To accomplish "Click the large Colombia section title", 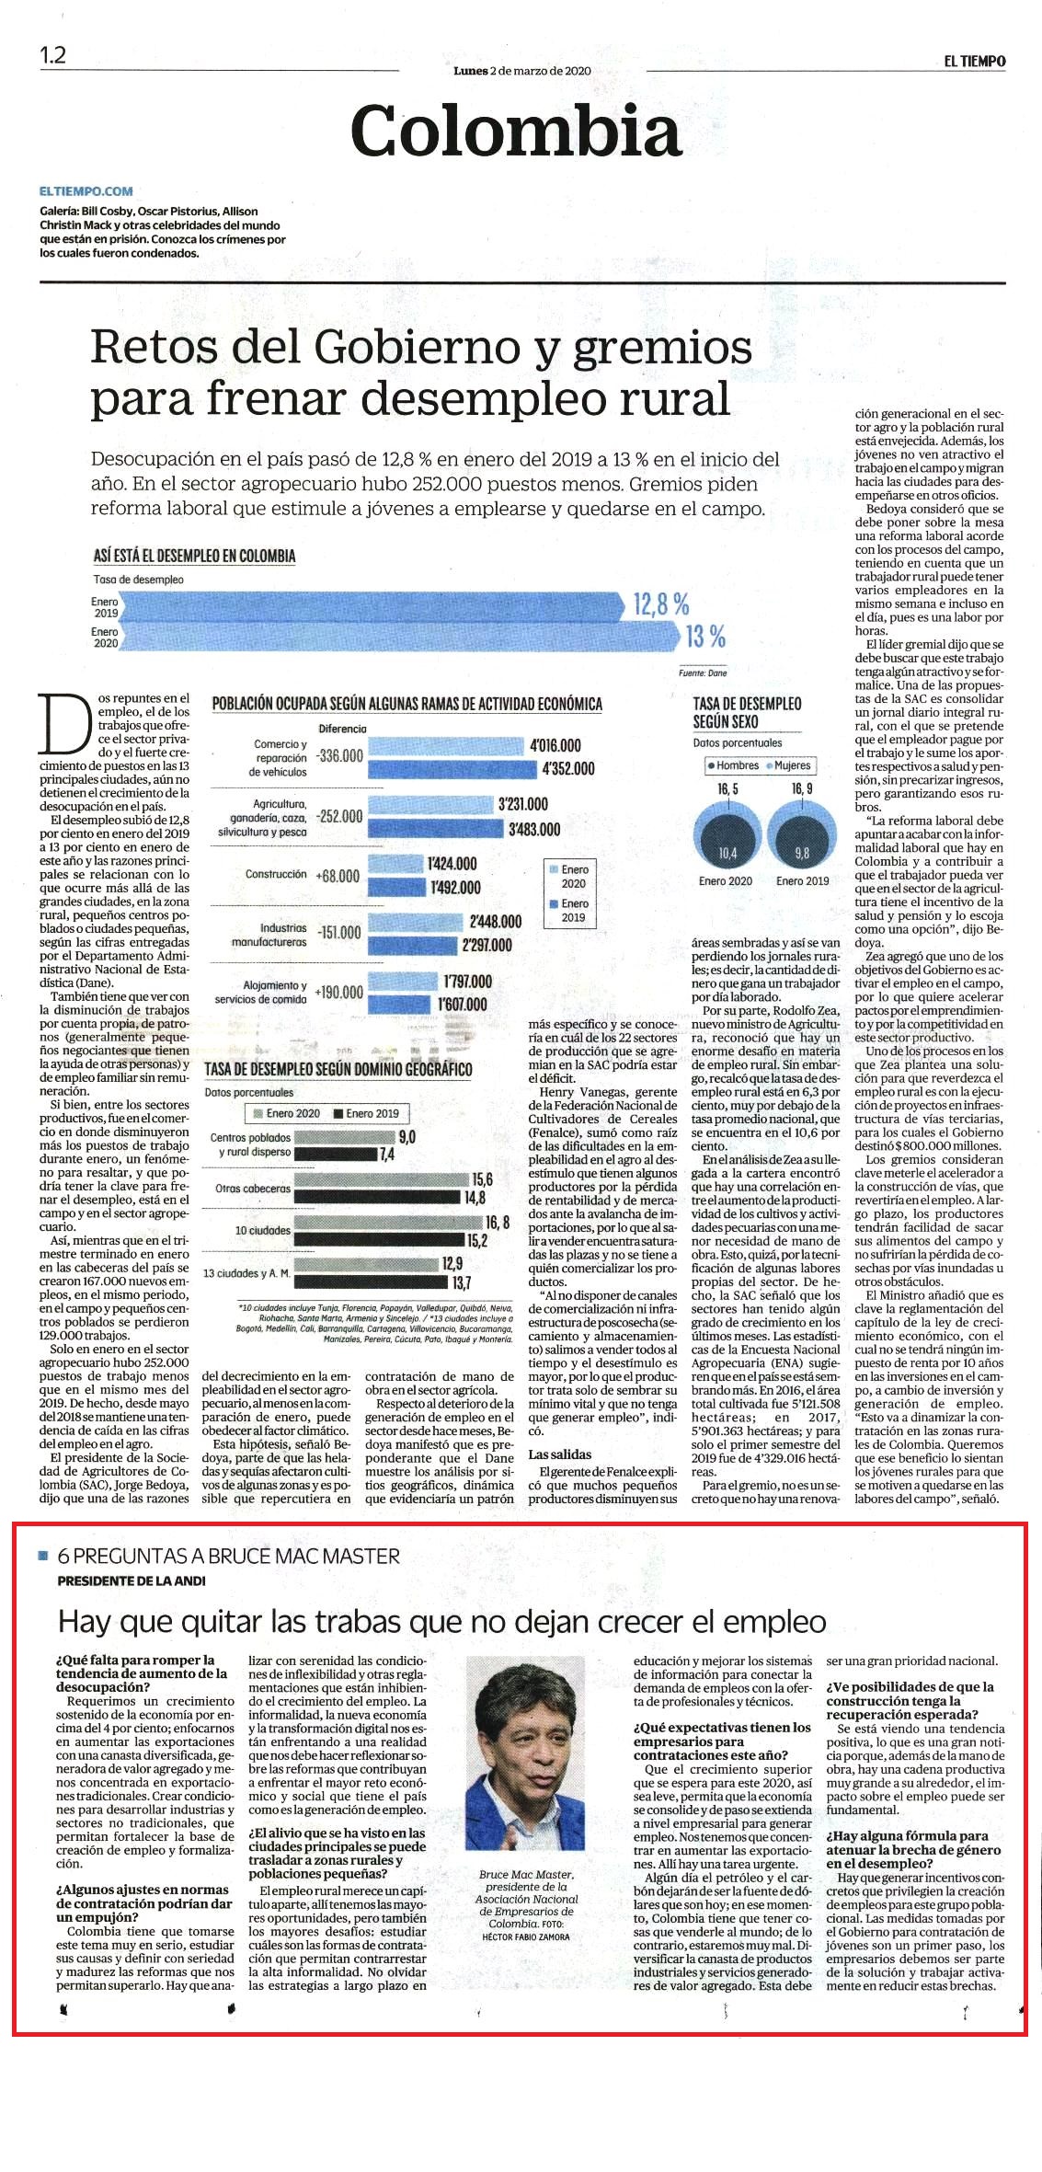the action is tap(516, 131).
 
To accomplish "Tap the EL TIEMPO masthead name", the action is tap(974, 61).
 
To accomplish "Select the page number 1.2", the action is tap(52, 55).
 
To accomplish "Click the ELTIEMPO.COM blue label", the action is tap(86, 191).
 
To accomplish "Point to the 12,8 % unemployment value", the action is tap(661, 604).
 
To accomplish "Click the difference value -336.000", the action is tap(339, 755).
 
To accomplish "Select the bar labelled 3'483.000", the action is tap(435, 829).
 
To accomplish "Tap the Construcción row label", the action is tap(276, 874).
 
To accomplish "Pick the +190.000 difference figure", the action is tap(339, 993).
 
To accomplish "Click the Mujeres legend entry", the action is tap(788, 765).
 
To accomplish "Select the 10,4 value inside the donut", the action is tap(727, 853).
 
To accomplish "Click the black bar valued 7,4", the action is tap(335, 1154).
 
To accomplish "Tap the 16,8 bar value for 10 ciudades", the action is tap(498, 1223).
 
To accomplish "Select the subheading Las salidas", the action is tap(560, 1454).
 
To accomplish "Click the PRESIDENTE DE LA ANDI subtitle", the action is tap(132, 1580).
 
